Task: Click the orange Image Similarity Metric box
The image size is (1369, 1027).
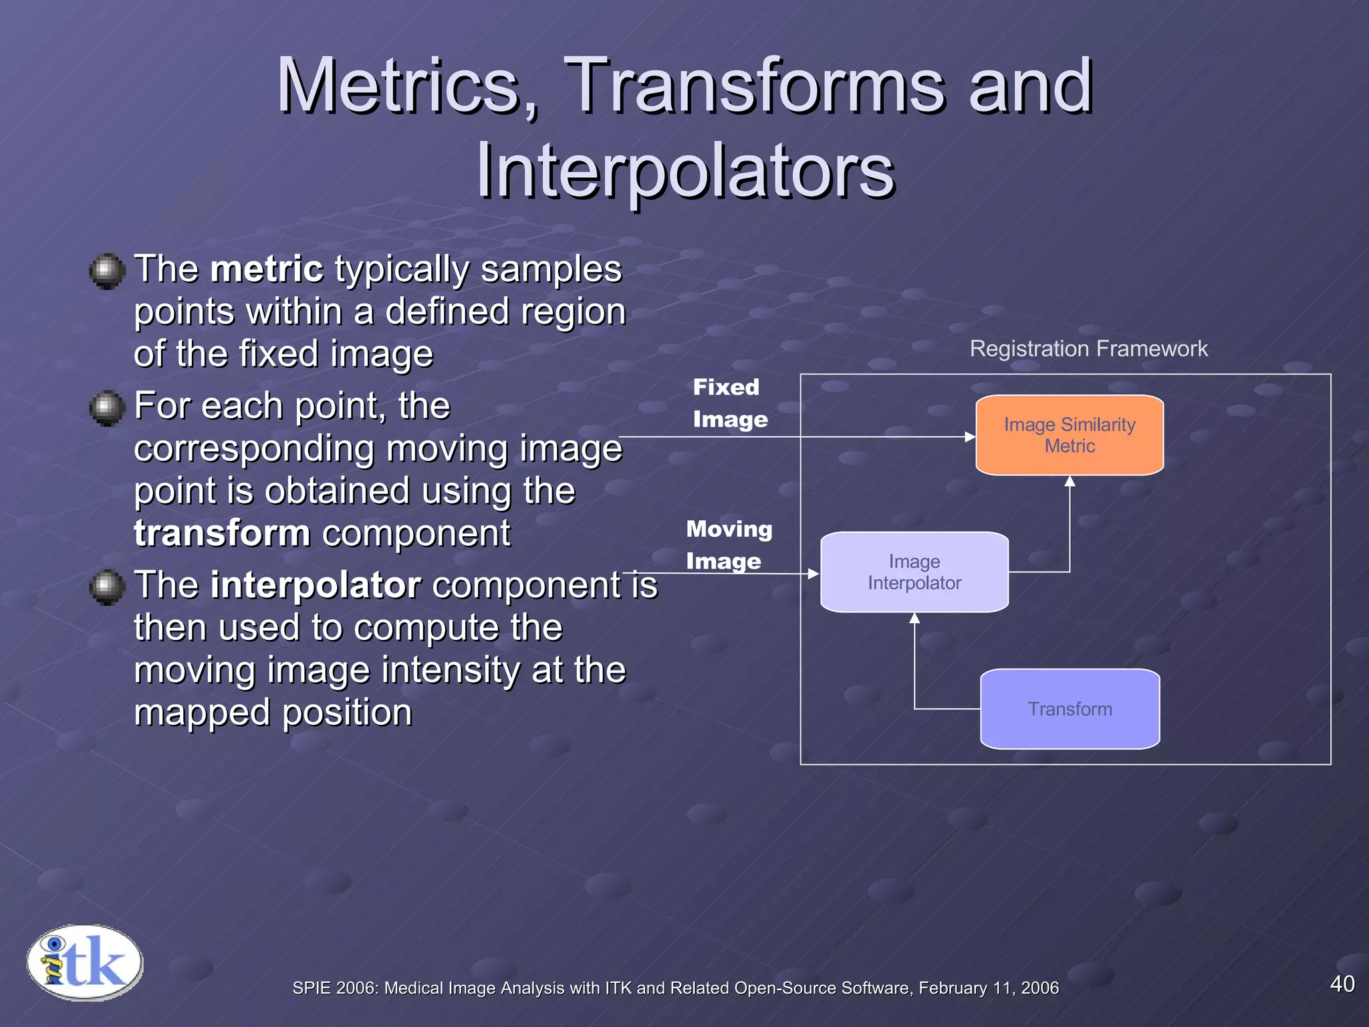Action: click(x=1070, y=435)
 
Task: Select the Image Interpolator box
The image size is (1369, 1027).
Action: click(x=914, y=572)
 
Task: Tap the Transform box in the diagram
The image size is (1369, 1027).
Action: click(x=1070, y=709)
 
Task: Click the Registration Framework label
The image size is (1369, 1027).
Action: click(x=1088, y=349)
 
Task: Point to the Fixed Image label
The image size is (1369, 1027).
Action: click(x=729, y=403)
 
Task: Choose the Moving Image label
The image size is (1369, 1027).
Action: click(x=729, y=545)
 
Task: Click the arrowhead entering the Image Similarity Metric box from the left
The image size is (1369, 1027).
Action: click(x=970, y=437)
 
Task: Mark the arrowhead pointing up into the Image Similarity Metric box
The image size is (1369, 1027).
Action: click(x=1070, y=481)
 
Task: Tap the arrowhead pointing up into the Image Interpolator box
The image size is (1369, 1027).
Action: click(x=914, y=618)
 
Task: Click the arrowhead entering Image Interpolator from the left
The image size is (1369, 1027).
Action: click(x=814, y=574)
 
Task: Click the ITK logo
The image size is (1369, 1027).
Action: click(x=85, y=963)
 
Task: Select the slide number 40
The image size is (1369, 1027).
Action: click(x=1342, y=984)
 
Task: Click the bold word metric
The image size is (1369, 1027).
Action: click(x=267, y=269)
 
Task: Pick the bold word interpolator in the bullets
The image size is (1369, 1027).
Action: click(x=316, y=585)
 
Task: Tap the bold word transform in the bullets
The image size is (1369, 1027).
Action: click(x=222, y=534)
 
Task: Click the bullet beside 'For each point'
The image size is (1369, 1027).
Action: click(x=107, y=408)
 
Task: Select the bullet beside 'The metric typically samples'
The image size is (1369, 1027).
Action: click(x=107, y=271)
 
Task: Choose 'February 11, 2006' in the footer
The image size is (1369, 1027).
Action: click(x=988, y=988)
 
